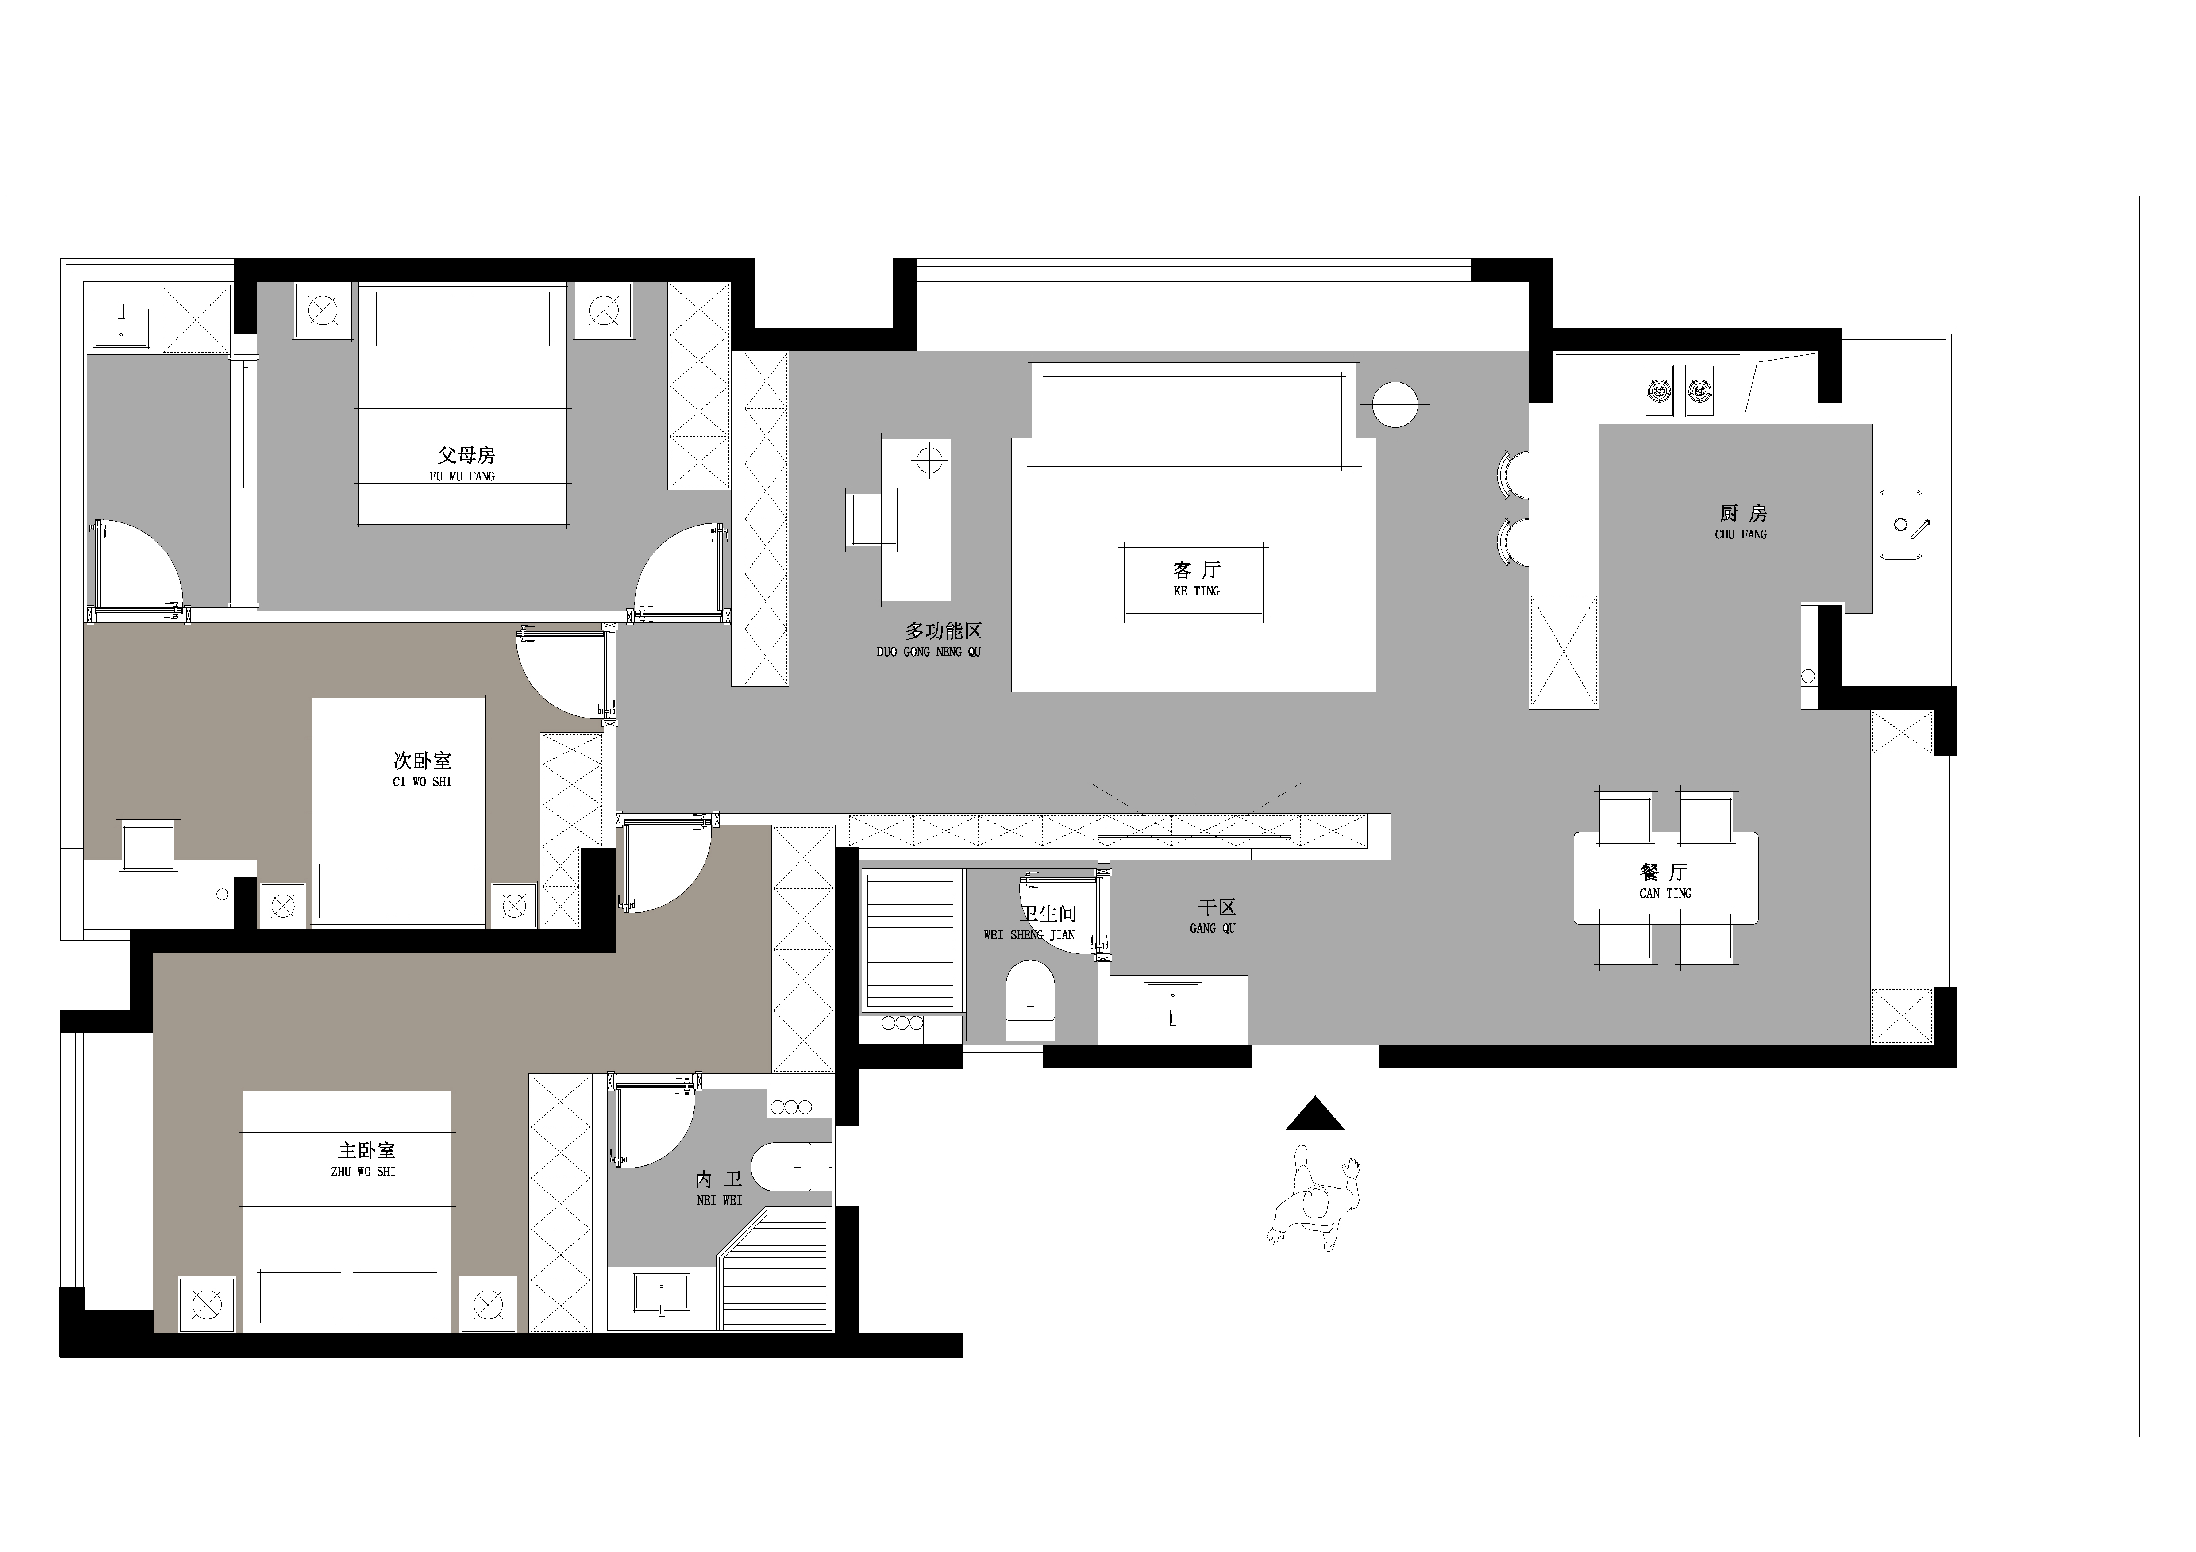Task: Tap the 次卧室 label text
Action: click(422, 761)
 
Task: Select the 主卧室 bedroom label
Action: click(366, 1150)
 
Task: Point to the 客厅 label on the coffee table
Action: click(1197, 570)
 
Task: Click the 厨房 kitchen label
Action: click(1743, 514)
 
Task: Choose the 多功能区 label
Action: click(944, 631)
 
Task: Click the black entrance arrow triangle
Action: click(1315, 1115)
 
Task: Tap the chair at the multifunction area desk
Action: click(871, 519)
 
